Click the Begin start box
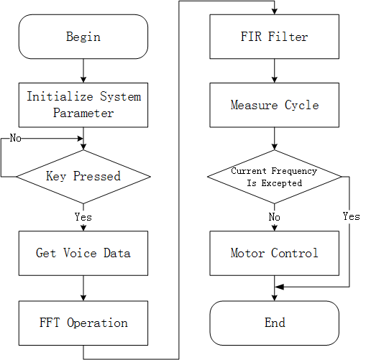point(83,37)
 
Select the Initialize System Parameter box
point(83,104)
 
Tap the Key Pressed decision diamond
point(83,176)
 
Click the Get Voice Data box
point(83,253)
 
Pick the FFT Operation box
point(83,323)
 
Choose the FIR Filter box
point(275,37)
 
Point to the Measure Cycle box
point(275,105)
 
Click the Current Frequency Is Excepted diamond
point(275,177)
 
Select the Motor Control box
point(275,253)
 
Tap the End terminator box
point(275,323)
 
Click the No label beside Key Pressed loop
point(15,138)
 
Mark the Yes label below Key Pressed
point(83,216)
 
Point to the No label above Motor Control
point(275,216)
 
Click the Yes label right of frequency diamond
point(351,216)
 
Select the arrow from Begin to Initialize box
point(83,70)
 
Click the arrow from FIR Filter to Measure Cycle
point(275,70)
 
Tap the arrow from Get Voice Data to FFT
point(83,287)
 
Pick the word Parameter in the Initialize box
point(84,113)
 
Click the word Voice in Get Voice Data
point(83,253)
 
